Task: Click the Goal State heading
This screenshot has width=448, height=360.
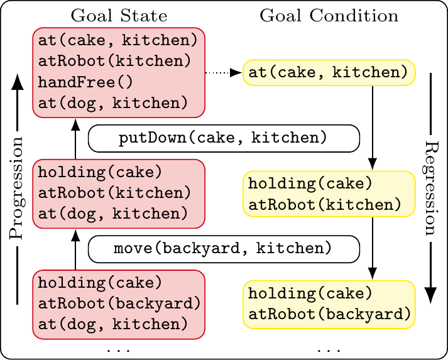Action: (119, 16)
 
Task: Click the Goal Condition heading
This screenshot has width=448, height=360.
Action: (329, 16)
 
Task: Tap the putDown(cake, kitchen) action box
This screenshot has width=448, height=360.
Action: (224, 138)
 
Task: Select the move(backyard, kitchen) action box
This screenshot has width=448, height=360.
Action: (224, 249)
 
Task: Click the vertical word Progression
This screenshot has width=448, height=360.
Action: (16, 188)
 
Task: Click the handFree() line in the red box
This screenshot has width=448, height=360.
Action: (85, 82)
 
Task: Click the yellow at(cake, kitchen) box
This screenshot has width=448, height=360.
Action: (329, 73)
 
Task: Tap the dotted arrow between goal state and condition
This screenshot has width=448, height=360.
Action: (224, 73)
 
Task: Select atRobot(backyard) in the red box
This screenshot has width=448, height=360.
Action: (119, 303)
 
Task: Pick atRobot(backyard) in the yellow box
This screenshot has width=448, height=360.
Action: (329, 315)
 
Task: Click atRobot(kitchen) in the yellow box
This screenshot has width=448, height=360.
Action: (325, 205)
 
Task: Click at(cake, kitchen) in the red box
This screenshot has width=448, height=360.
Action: (118, 41)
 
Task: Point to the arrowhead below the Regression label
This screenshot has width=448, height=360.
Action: (430, 295)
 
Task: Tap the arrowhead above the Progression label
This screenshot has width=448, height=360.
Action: (18, 82)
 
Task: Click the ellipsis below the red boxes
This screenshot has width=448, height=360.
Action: (119, 350)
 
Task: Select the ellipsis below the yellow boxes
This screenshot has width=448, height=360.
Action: (329, 350)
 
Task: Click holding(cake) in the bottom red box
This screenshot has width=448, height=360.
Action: (100, 283)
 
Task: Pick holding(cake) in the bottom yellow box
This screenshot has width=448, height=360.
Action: (310, 293)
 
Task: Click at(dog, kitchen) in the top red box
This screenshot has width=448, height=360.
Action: (113, 104)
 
